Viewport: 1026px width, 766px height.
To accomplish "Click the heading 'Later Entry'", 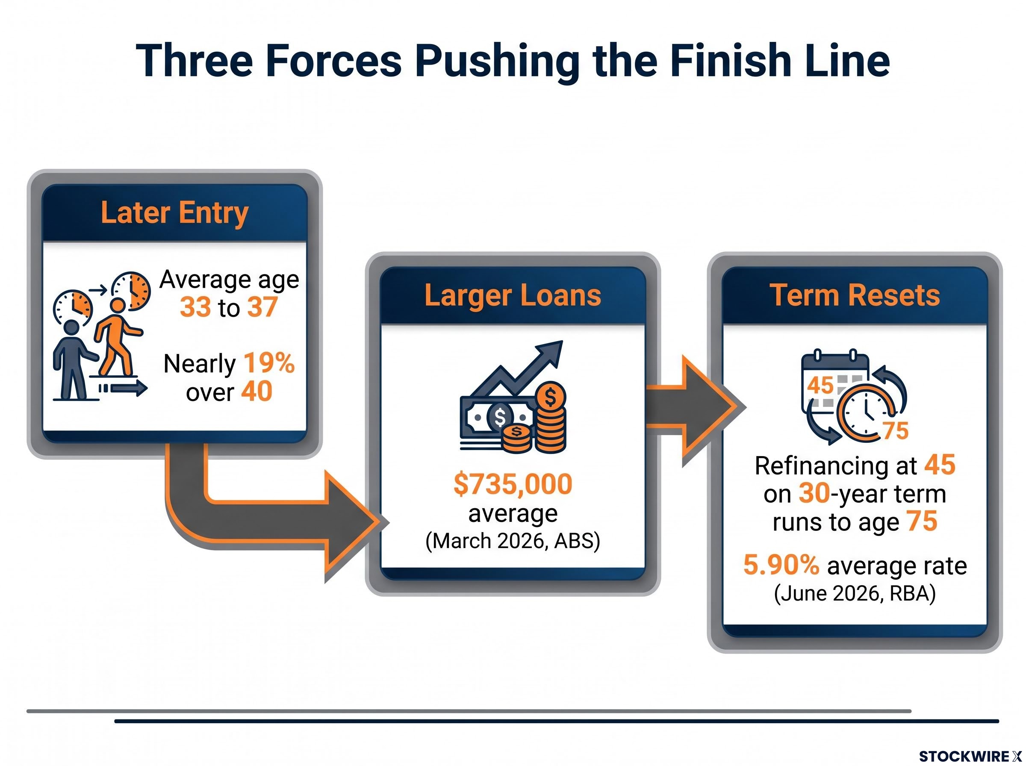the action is coord(175,213).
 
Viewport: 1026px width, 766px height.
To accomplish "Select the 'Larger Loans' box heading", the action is coord(512,295).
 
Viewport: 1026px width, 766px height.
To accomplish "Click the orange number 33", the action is coord(195,307).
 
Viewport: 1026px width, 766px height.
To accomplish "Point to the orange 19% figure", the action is coord(269,363).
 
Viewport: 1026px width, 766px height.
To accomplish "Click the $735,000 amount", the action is coord(513,484).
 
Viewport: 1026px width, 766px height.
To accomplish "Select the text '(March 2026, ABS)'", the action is coord(513,541).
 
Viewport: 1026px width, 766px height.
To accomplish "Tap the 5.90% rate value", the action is coord(781,565).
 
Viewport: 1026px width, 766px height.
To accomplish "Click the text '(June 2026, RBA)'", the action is coord(855,593).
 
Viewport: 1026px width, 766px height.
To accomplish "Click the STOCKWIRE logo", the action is coord(970,756).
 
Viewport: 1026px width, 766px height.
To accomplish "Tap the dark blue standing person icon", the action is coord(73,360).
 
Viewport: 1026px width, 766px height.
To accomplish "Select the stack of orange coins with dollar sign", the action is coord(550,417).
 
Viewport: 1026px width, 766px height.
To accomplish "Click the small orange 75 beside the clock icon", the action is coord(896,431).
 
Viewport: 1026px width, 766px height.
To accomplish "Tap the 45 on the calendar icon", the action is coord(820,385).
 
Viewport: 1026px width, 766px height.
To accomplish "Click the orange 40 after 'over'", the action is coord(256,392).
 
